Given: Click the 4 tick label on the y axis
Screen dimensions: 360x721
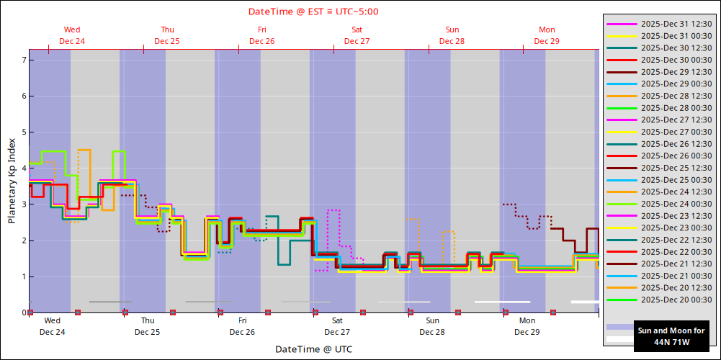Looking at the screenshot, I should click(24, 168).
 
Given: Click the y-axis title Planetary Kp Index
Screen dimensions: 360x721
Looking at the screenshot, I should click(12, 181).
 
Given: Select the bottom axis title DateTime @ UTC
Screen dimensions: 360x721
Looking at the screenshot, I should click(313, 349).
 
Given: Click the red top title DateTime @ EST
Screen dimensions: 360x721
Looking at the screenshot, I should click(313, 12).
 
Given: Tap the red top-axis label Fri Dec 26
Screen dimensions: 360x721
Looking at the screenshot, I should click(261, 35).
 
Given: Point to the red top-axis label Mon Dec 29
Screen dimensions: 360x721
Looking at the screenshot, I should click(547, 35).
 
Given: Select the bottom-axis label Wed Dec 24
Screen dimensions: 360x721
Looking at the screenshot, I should click(52, 326).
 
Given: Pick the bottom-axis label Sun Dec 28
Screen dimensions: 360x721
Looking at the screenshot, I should click(432, 326).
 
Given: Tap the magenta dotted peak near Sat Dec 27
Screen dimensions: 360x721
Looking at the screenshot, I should click(333, 210).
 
